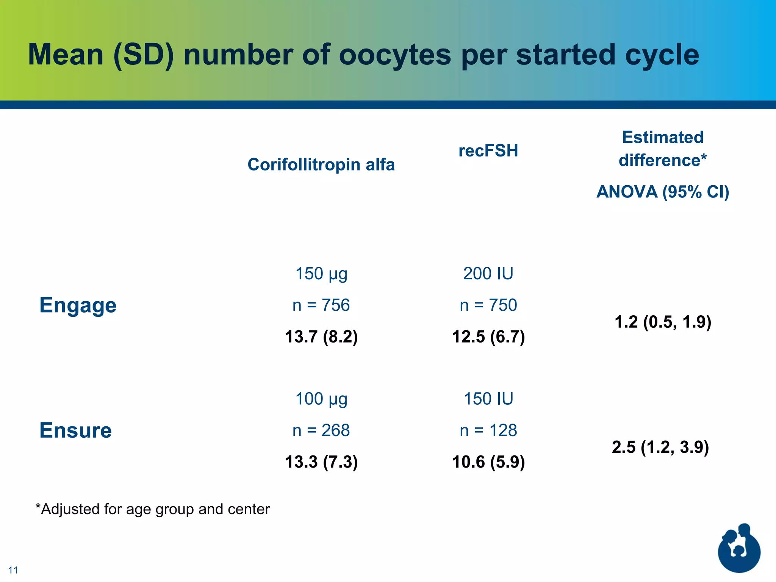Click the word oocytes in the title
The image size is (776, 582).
click(394, 55)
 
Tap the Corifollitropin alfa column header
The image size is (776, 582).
click(321, 165)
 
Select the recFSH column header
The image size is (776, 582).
click(488, 151)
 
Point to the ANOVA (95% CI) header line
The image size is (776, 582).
click(662, 192)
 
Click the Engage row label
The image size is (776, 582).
click(78, 305)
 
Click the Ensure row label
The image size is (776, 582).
click(75, 430)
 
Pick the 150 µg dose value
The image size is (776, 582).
click(321, 274)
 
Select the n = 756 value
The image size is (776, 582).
click(321, 305)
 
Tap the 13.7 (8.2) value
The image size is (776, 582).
click(321, 336)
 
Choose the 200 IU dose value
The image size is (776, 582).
click(488, 274)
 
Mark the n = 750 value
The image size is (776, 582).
click(488, 305)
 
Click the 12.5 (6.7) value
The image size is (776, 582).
click(488, 336)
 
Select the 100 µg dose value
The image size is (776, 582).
click(321, 399)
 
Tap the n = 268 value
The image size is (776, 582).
click(321, 430)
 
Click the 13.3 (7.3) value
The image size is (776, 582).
click(321, 462)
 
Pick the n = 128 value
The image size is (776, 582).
click(488, 430)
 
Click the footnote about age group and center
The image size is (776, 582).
click(152, 509)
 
